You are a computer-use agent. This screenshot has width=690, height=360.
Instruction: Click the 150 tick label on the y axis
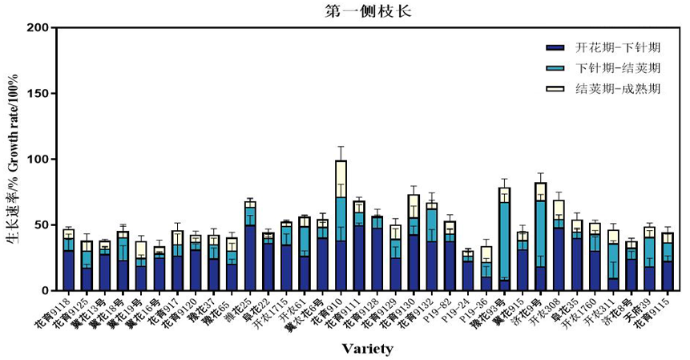pos(36,94)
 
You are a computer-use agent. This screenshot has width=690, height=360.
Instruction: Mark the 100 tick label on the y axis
pos(36,160)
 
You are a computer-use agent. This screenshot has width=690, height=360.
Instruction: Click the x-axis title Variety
pos(367,348)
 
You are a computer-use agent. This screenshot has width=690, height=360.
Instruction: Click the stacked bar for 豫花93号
pos(504,241)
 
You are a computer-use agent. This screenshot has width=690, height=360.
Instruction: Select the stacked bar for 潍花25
pos(250,253)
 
